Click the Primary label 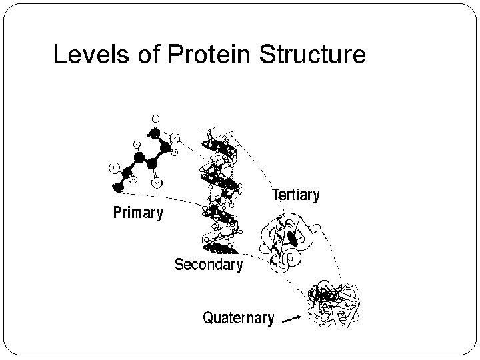point(137,213)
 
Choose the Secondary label point(208,265)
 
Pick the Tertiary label point(296,196)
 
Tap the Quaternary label point(238,318)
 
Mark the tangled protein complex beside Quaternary point(333,303)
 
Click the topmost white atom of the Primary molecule point(155,118)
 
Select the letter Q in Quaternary point(208,318)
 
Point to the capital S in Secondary point(179,265)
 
